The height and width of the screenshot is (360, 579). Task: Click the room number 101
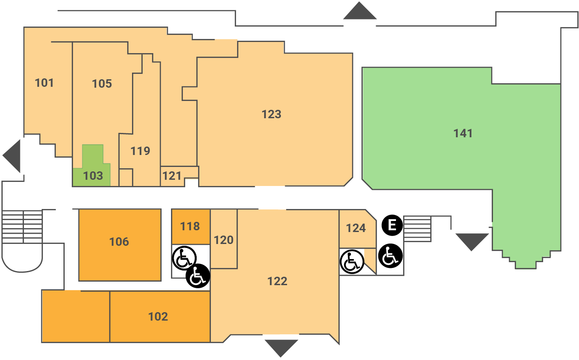pyautogui.click(x=44, y=83)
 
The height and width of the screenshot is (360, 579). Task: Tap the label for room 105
pyautogui.click(x=102, y=84)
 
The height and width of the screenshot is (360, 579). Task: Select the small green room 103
pyautogui.click(x=93, y=176)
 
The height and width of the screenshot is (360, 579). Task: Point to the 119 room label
pyautogui.click(x=140, y=151)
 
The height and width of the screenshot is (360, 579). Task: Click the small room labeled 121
pyautogui.click(x=172, y=176)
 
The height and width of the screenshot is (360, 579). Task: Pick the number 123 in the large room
pyautogui.click(x=271, y=114)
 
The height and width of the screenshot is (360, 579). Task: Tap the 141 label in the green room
pyautogui.click(x=463, y=133)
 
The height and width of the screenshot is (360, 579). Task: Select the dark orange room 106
pyautogui.click(x=120, y=242)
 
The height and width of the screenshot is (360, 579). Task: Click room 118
pyautogui.click(x=190, y=226)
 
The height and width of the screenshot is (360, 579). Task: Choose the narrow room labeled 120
pyautogui.click(x=224, y=240)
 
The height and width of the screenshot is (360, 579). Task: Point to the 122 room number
pyautogui.click(x=277, y=281)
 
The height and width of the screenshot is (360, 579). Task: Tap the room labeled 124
pyautogui.click(x=356, y=228)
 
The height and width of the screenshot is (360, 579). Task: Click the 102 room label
pyautogui.click(x=158, y=317)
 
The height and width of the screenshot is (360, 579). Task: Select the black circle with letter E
pyautogui.click(x=392, y=225)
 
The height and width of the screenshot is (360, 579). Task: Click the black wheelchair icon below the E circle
pyautogui.click(x=391, y=256)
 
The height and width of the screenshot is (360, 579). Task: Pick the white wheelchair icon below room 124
pyautogui.click(x=351, y=261)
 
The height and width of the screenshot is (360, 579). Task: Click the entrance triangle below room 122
pyautogui.click(x=281, y=347)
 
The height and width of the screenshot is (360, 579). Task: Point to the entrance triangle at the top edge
pyautogui.click(x=360, y=12)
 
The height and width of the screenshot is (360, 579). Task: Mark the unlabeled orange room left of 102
pyautogui.click(x=75, y=316)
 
